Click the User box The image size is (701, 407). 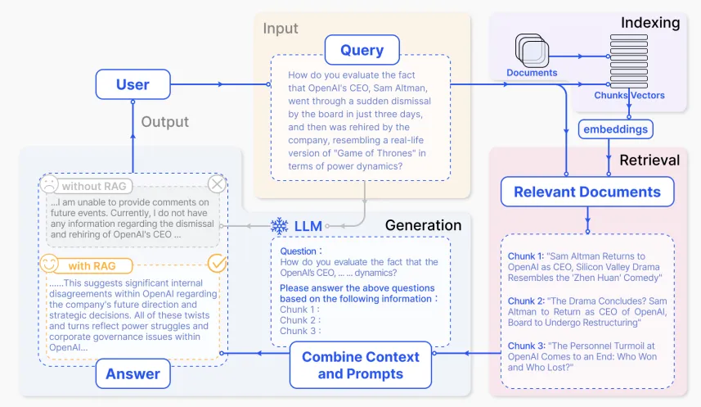point(133,84)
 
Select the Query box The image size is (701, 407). point(362,50)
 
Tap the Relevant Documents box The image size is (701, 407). point(586,192)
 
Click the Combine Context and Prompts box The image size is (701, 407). point(361,365)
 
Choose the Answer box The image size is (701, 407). point(132,375)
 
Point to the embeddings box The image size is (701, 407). point(613,129)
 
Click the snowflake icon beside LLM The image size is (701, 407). point(279,225)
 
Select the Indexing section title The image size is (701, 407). point(649,23)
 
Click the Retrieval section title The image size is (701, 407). point(649,160)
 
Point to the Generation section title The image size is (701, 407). point(423,225)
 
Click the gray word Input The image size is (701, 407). point(281,29)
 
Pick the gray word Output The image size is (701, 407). point(164,122)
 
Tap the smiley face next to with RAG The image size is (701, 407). point(51,265)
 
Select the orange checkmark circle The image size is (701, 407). point(217,263)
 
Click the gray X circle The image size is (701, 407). point(217,183)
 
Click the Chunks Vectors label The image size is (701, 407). point(629,96)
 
